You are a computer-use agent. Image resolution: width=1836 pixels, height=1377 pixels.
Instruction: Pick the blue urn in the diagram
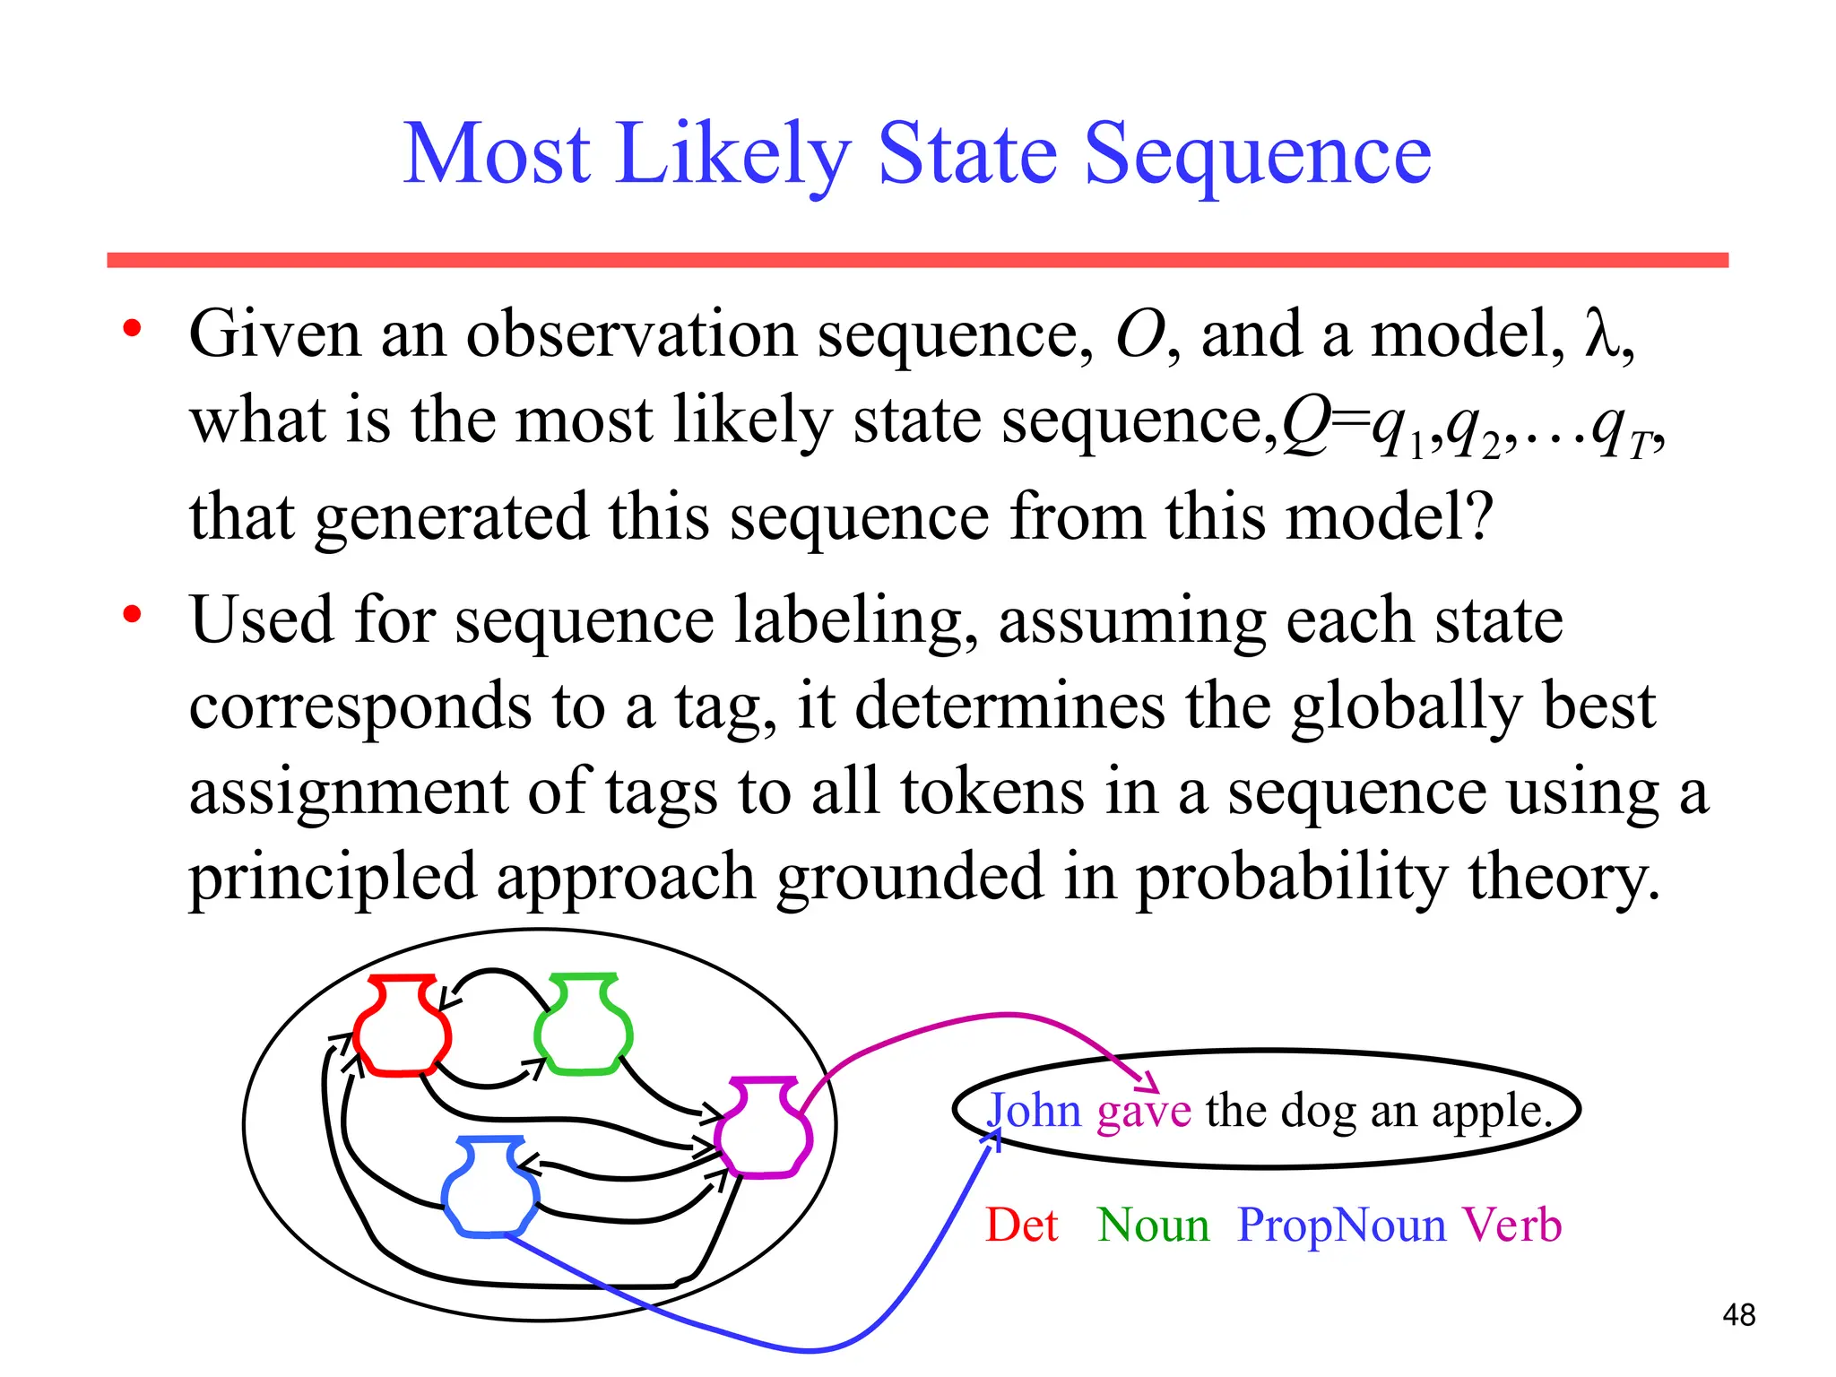pyautogui.click(x=490, y=1187)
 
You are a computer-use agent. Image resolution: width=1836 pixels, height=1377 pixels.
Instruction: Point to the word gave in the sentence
pyautogui.click(x=1144, y=1113)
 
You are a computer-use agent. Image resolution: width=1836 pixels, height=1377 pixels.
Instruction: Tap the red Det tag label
pyautogui.click(x=1022, y=1225)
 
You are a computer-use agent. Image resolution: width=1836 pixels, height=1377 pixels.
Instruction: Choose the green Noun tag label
pyautogui.click(x=1153, y=1225)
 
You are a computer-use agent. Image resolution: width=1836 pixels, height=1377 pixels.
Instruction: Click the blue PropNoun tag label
pyautogui.click(x=1341, y=1225)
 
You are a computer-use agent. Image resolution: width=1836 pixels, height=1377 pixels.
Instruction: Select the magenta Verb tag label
pyautogui.click(x=1512, y=1225)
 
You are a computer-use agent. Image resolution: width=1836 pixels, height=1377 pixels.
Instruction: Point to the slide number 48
pyautogui.click(x=1738, y=1315)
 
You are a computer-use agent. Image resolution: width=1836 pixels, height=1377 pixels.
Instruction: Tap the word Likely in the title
pyautogui.click(x=732, y=156)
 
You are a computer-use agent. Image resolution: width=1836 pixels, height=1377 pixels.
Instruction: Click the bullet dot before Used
pyautogui.click(x=133, y=615)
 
